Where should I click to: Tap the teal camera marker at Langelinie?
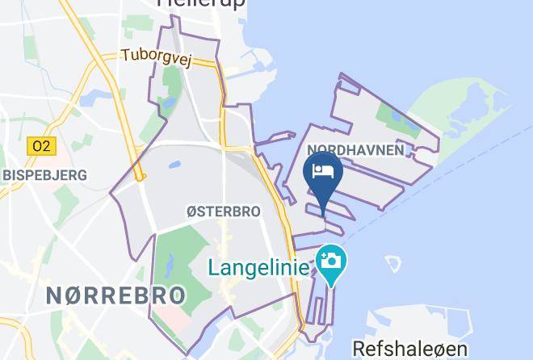[330, 264]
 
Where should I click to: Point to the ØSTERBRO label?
[223, 211]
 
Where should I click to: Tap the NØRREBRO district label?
[115, 295]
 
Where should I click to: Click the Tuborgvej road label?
[156, 58]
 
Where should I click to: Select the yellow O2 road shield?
[40, 146]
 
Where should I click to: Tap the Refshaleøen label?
[409, 348]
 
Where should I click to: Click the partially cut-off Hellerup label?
[202, 3]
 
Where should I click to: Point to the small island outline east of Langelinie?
[392, 264]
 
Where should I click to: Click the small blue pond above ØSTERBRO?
[174, 165]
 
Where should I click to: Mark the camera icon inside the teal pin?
[330, 260]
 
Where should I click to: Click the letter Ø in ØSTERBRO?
[191, 211]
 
